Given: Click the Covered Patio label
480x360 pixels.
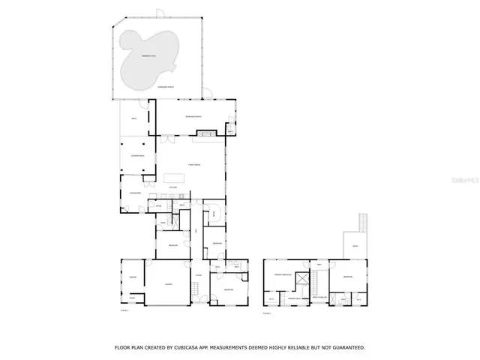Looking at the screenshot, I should (x=137, y=154).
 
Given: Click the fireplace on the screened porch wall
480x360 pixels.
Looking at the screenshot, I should (x=205, y=134).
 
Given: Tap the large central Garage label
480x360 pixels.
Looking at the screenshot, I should (x=168, y=283).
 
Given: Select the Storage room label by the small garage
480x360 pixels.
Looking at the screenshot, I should (x=133, y=298).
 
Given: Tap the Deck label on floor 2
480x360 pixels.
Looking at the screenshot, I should (x=355, y=244).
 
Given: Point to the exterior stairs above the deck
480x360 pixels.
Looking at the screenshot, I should (x=364, y=223).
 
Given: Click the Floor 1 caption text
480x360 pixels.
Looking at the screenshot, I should (x=124, y=310).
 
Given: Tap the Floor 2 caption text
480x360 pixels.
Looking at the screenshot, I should (x=267, y=312).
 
